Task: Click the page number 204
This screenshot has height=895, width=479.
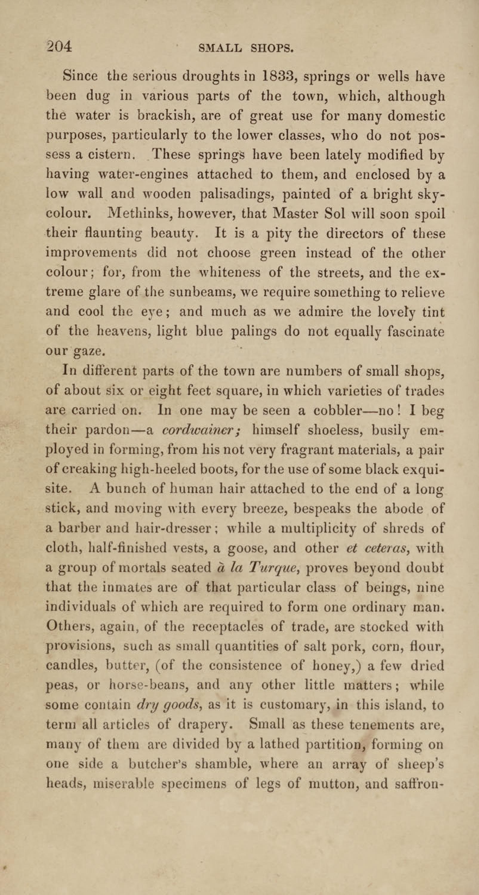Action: pos(59,47)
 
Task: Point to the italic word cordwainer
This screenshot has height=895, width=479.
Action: pos(202,430)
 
